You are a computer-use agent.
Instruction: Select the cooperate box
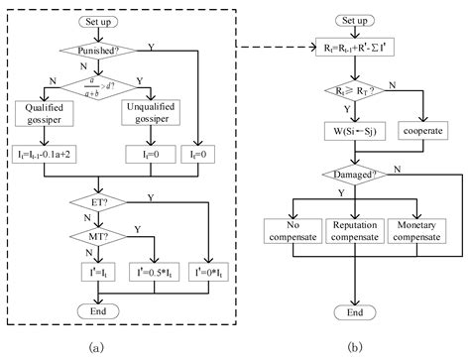426,130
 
